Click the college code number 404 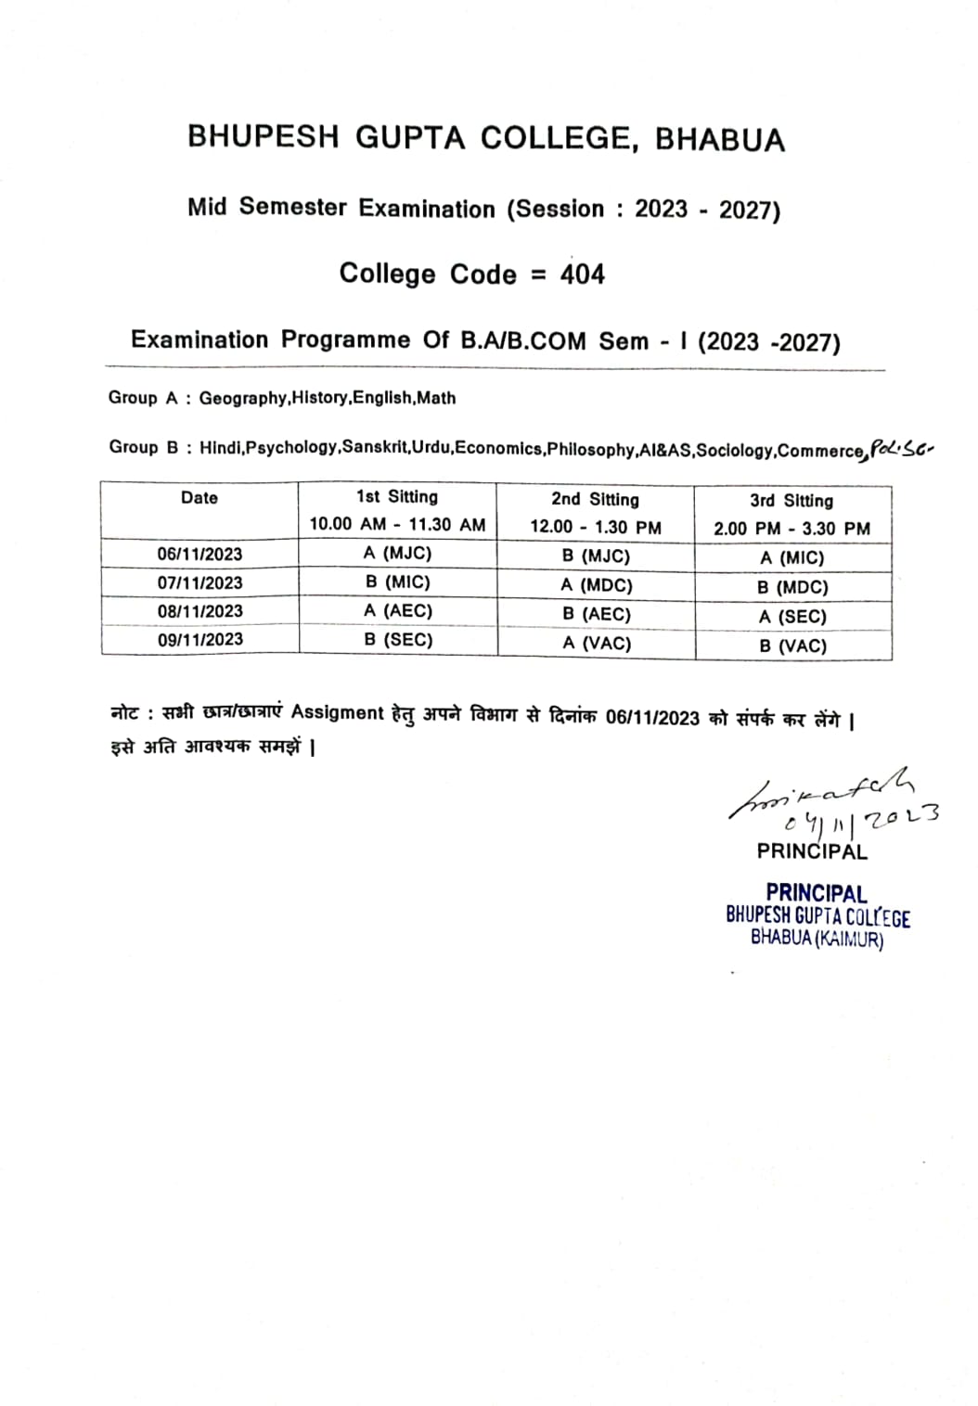click(x=582, y=275)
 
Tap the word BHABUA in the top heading click(x=720, y=139)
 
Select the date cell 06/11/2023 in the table click(x=199, y=554)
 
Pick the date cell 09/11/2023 click(x=199, y=640)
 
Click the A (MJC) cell click(x=397, y=553)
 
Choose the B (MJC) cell click(x=596, y=556)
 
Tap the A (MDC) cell click(x=596, y=585)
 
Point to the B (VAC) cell click(x=792, y=645)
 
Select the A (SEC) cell click(x=792, y=617)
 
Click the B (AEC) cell click(x=596, y=614)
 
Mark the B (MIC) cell click(x=397, y=582)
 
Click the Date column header click(x=199, y=498)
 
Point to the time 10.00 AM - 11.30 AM click(x=397, y=524)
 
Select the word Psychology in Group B click(x=291, y=448)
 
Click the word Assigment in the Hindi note click(x=337, y=712)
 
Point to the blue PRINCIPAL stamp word click(x=816, y=893)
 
